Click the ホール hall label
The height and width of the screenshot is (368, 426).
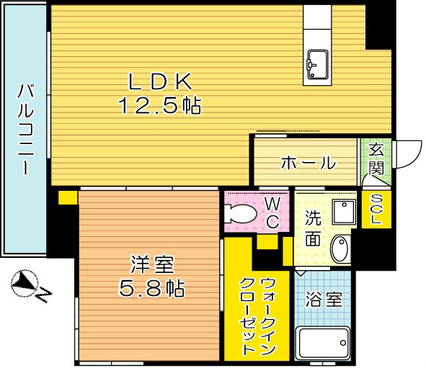307,163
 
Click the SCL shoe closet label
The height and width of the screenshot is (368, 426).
376,210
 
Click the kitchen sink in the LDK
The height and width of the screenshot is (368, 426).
316,66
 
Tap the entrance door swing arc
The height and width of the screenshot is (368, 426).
408,152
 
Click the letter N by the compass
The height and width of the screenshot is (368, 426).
44,294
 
